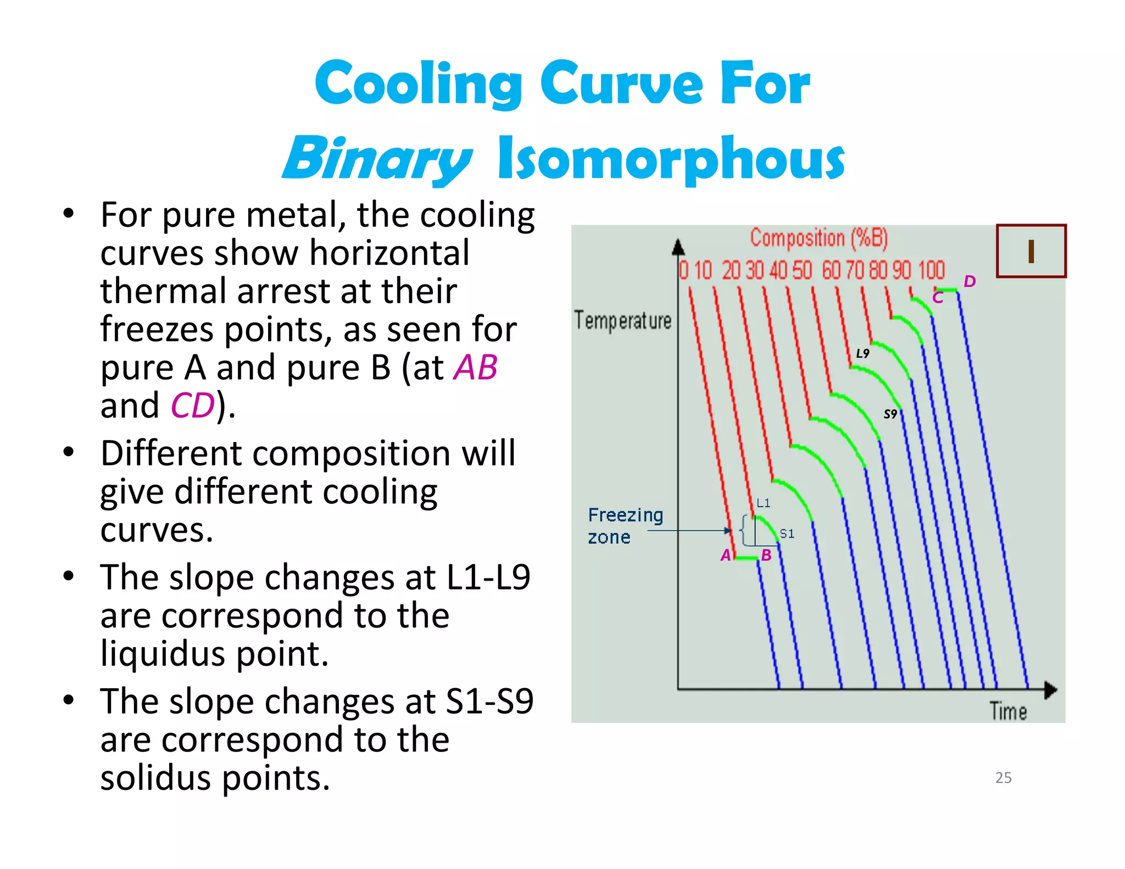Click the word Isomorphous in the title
click(x=671, y=158)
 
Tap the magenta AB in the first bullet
click(x=475, y=367)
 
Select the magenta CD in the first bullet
click(x=192, y=406)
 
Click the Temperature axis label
click(x=622, y=321)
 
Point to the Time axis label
click(x=1008, y=711)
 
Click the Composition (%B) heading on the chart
click(x=818, y=238)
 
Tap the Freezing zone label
click(x=625, y=526)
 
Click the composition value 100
click(x=931, y=270)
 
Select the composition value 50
click(x=802, y=270)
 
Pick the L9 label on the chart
click(x=862, y=353)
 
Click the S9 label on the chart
click(x=890, y=414)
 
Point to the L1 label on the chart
click(x=763, y=503)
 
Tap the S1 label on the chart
click(x=787, y=533)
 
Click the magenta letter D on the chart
click(x=970, y=282)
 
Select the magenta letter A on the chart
click(x=726, y=555)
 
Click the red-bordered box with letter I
click(x=1031, y=251)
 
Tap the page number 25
click(x=1003, y=777)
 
